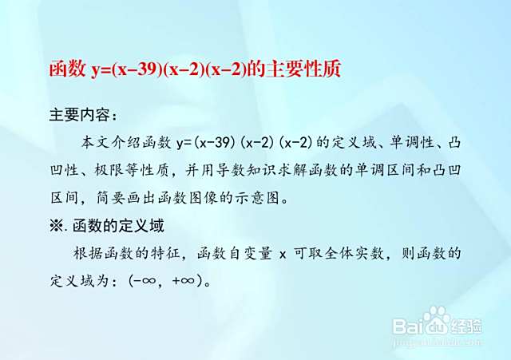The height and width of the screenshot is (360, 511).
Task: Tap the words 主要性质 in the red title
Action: click(x=303, y=69)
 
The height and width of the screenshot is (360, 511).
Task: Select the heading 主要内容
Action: click(x=80, y=115)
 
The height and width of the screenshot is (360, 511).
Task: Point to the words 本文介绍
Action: click(x=111, y=143)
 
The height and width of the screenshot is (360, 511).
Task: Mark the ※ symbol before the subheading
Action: click(x=57, y=225)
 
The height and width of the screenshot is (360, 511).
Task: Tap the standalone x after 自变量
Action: click(x=283, y=255)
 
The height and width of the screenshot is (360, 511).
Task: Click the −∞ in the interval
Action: click(x=144, y=280)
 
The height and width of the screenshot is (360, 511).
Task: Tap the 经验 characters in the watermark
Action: click(x=466, y=326)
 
